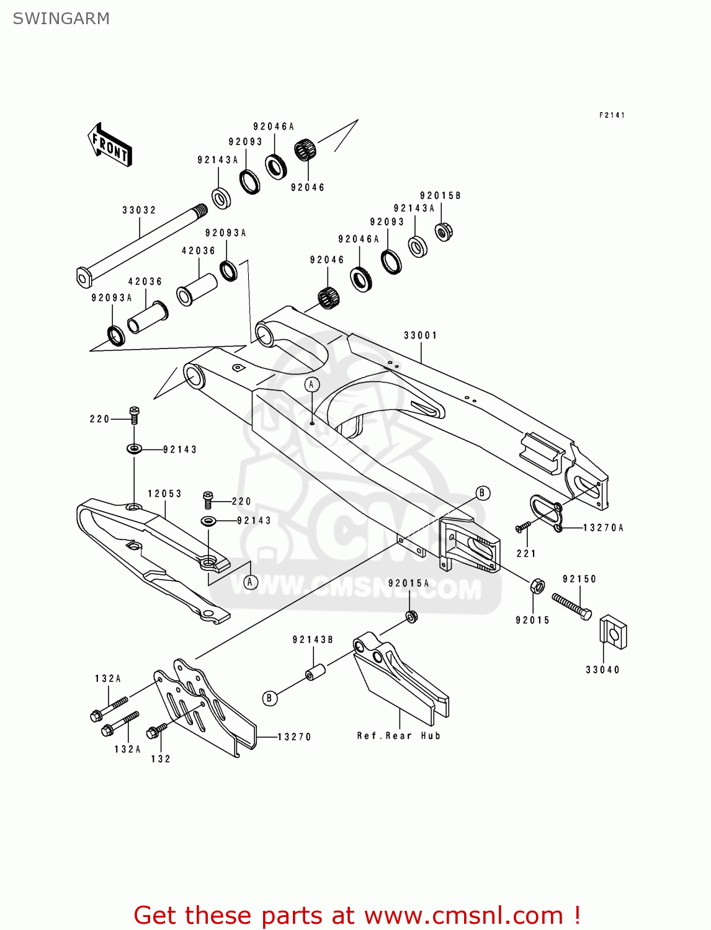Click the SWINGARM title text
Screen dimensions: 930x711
click(61, 19)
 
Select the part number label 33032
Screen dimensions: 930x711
click(139, 210)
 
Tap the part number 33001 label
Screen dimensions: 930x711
click(421, 335)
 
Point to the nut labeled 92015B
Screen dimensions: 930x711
click(443, 232)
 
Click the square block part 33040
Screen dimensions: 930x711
click(612, 632)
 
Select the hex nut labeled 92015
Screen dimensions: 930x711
click(538, 586)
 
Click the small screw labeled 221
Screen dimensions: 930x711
click(522, 528)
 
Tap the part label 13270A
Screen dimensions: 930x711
click(603, 528)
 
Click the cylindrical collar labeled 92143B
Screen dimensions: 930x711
click(315, 673)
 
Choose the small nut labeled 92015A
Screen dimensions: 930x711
click(411, 616)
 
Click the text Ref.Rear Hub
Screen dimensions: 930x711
click(398, 736)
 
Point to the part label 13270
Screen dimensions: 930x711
click(294, 737)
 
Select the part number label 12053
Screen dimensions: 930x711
click(164, 494)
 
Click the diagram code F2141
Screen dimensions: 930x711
click(612, 115)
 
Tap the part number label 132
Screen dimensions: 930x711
click(160, 759)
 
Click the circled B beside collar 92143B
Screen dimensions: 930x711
click(269, 698)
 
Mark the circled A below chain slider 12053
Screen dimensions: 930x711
click(249, 582)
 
